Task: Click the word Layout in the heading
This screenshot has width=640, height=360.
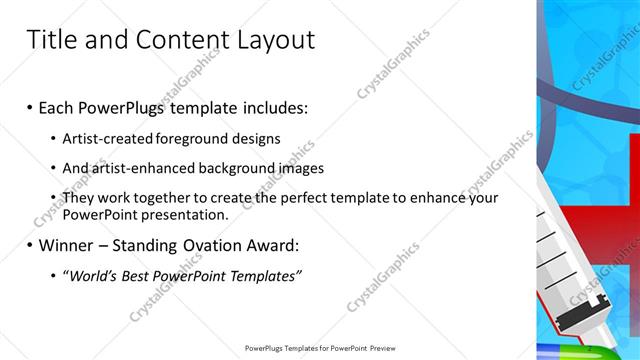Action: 272,40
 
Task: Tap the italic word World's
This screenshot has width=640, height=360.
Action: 91,276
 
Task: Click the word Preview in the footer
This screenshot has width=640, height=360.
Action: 379,348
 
